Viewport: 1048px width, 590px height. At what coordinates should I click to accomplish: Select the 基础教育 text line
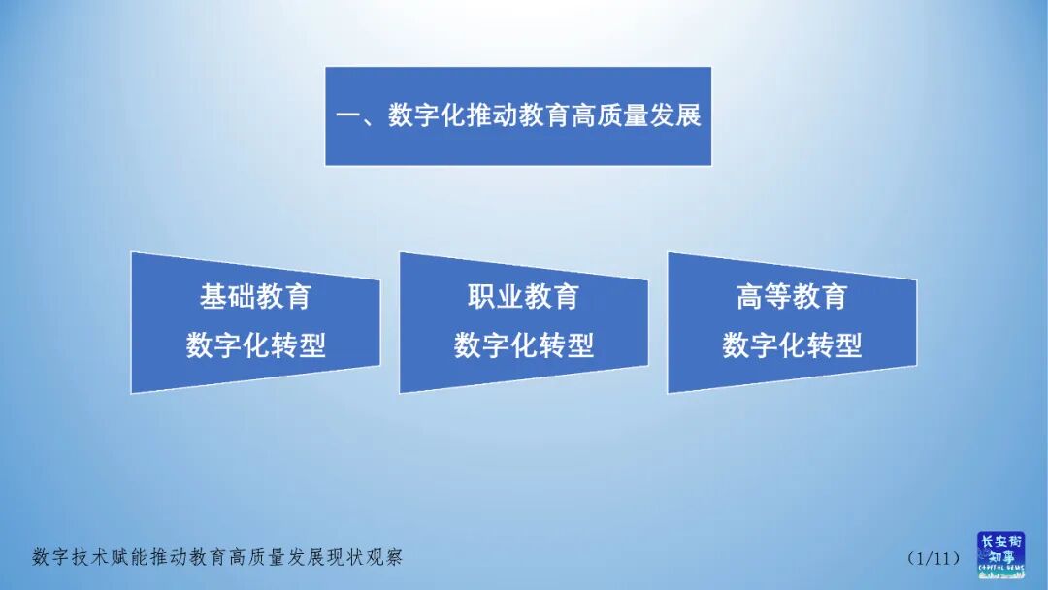click(255, 297)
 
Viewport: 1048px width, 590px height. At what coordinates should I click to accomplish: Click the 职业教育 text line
click(523, 297)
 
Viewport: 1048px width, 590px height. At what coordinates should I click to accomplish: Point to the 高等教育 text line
click(792, 297)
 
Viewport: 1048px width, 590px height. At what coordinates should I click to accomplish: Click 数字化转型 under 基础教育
click(255, 345)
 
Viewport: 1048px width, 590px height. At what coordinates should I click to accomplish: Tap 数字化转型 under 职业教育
click(523, 345)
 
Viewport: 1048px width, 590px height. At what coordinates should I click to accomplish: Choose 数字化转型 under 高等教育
click(792, 345)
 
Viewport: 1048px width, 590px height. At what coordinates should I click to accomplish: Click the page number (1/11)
click(933, 558)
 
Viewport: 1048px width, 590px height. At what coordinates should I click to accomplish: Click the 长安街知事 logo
click(999, 555)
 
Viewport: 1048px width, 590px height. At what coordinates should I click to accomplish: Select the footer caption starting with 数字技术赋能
click(217, 558)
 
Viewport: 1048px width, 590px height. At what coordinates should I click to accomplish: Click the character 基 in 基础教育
click(213, 297)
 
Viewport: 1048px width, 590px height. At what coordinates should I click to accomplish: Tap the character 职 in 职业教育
click(481, 297)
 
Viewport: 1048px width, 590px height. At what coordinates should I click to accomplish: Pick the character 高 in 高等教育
click(750, 297)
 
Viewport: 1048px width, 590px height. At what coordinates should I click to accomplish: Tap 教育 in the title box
click(529, 116)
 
